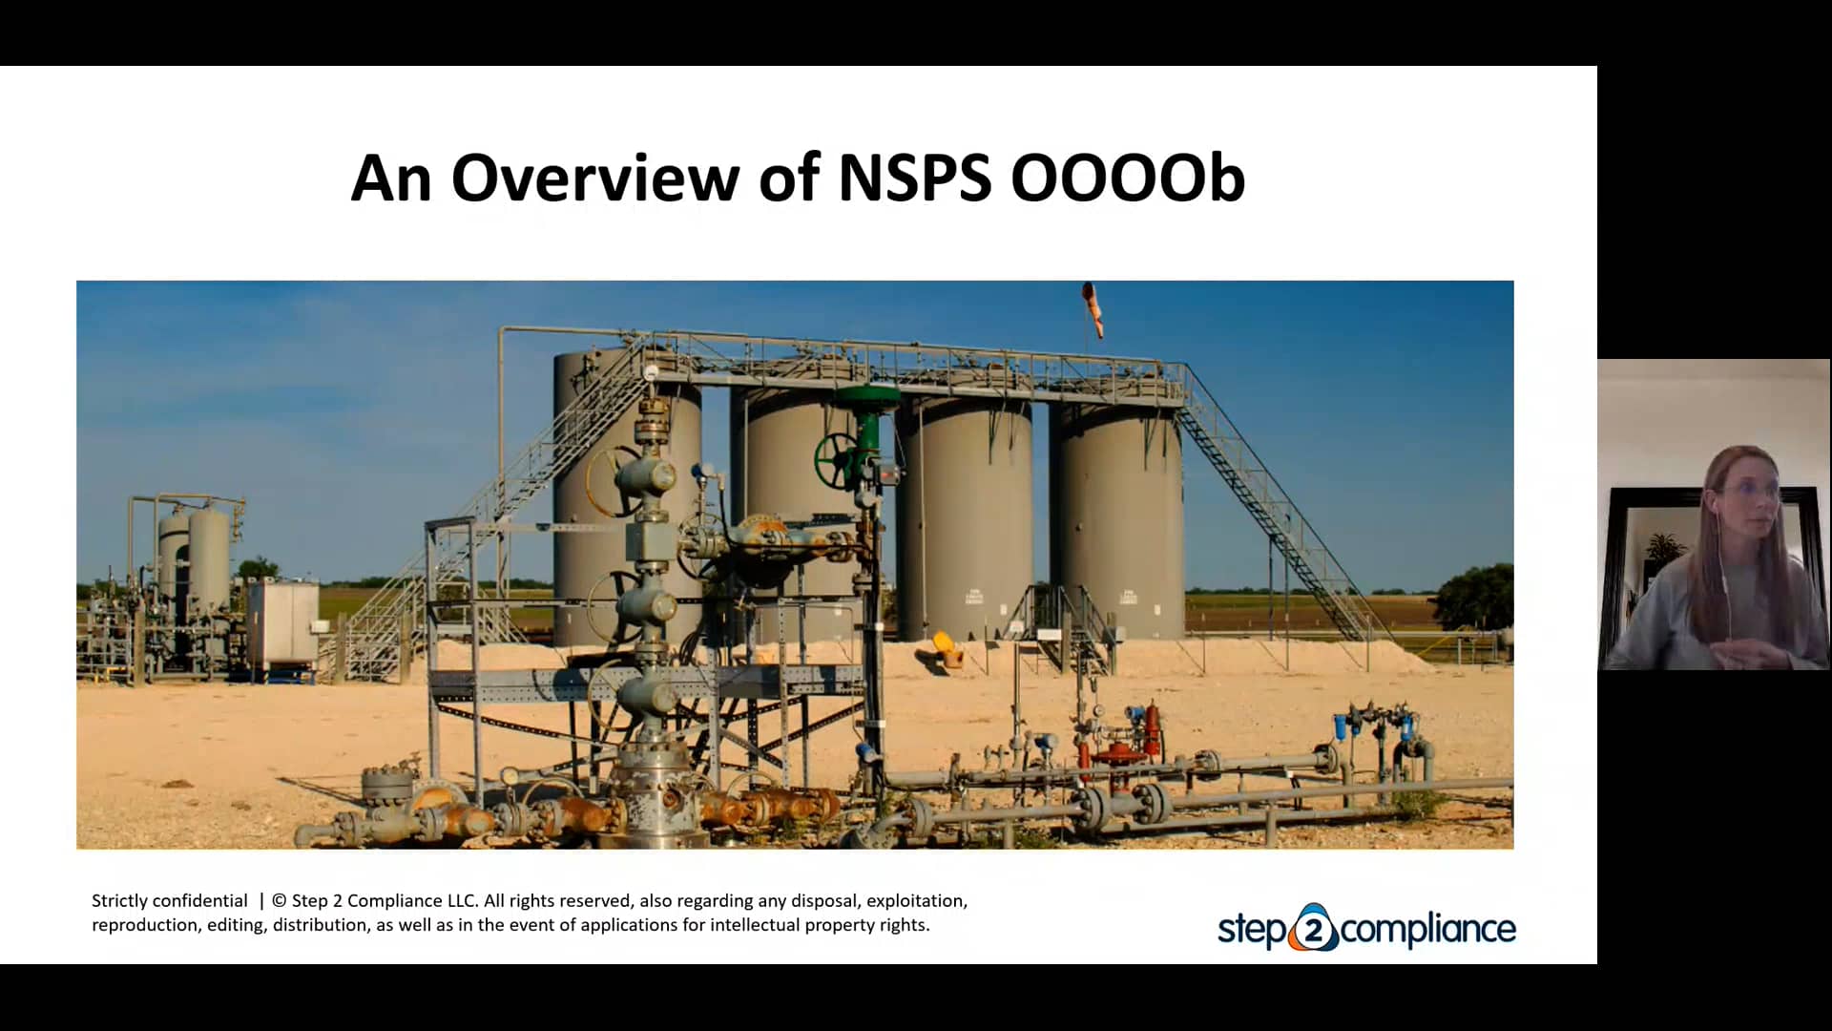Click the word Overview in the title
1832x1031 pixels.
pyautogui.click(x=594, y=179)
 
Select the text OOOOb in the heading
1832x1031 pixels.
pyautogui.click(x=1127, y=179)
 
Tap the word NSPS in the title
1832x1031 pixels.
pyautogui.click(x=914, y=179)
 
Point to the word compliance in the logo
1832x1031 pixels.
pyautogui.click(x=1428, y=929)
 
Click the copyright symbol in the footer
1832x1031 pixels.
pyautogui.click(x=279, y=900)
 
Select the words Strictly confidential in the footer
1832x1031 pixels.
pyautogui.click(x=169, y=900)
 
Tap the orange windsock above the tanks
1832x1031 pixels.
pyautogui.click(x=1093, y=308)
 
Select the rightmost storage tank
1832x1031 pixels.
pyautogui.click(x=1116, y=520)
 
